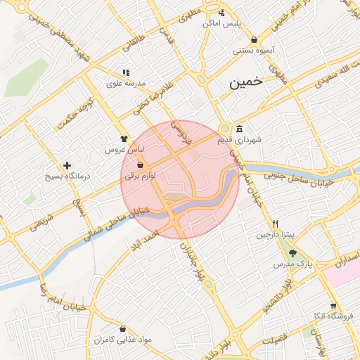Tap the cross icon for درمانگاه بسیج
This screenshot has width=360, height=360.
point(67,166)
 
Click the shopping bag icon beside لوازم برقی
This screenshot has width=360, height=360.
point(141,165)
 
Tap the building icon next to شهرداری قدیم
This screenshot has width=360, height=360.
point(240,129)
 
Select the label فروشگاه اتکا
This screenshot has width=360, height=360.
point(329,316)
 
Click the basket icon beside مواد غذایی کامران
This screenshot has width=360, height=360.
point(123,329)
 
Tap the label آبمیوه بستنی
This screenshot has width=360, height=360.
point(252,51)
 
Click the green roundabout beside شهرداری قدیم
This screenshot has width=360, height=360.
point(225,129)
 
